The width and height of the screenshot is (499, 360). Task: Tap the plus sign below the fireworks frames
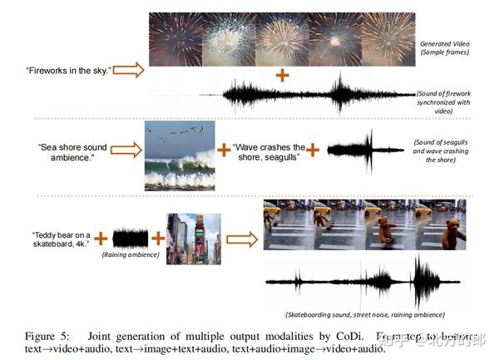click(282, 75)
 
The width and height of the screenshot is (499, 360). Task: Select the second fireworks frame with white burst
click(227, 40)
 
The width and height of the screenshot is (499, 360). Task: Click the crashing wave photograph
click(179, 155)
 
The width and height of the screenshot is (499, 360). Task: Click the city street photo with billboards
click(193, 238)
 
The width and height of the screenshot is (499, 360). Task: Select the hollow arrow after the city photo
click(242, 239)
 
